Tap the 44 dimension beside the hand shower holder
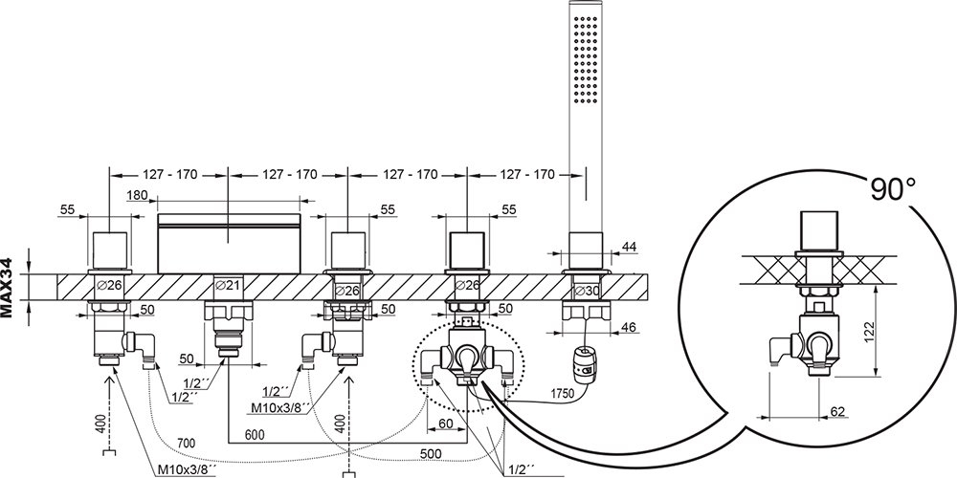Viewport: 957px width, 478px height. tap(629, 247)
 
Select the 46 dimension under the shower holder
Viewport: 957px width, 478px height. tap(629, 327)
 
